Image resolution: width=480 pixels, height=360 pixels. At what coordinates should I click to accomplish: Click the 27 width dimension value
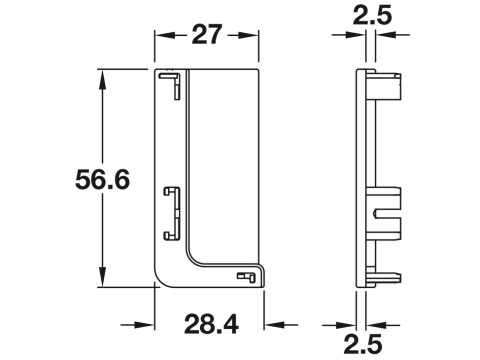(x=206, y=34)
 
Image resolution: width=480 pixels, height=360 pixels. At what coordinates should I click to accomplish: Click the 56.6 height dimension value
(x=102, y=179)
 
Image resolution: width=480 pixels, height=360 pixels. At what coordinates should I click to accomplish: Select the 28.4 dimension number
(x=211, y=324)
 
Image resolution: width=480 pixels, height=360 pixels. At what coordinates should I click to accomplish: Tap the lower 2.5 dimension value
(x=363, y=344)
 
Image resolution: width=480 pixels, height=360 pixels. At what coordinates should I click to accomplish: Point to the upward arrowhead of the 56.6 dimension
(x=103, y=80)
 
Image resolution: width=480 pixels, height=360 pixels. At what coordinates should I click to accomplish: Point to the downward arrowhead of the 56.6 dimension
(x=103, y=276)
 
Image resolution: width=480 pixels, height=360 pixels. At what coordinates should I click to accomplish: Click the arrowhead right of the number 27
(x=248, y=35)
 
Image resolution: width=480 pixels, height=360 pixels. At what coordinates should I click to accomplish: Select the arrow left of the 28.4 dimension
(x=137, y=324)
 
